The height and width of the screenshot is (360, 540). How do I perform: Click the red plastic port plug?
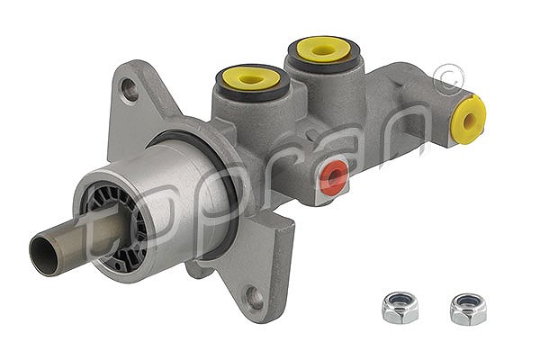(x=333, y=177)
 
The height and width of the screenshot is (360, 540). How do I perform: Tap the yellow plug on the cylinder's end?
(x=469, y=119)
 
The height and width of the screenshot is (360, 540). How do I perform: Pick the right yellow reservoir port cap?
(x=323, y=49)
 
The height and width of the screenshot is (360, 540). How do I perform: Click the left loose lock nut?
(x=400, y=308)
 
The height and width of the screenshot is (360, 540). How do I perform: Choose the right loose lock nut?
(x=468, y=309)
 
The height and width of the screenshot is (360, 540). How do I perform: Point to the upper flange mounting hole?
(x=130, y=90)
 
